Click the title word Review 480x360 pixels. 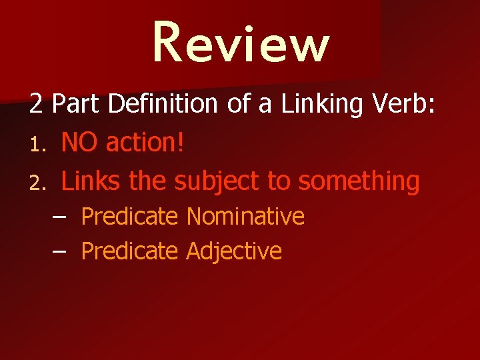[x=241, y=43]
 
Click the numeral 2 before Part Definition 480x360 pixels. [x=36, y=105]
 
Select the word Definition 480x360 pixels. [x=159, y=105]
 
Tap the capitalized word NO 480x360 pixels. [x=80, y=142]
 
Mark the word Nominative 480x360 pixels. [x=245, y=217]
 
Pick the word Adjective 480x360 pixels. [x=234, y=252]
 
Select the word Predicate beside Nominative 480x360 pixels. [x=129, y=217]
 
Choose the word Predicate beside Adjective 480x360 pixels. [x=129, y=252]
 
